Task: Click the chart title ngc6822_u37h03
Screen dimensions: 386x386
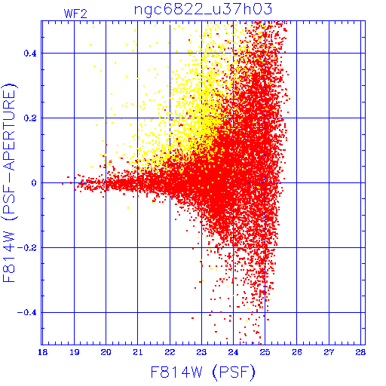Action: (203, 10)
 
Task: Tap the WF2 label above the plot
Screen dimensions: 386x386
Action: (75, 14)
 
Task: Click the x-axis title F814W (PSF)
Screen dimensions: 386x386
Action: (203, 372)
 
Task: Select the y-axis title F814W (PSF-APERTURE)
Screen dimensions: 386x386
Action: (10, 182)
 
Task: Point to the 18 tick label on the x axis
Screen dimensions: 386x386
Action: (43, 352)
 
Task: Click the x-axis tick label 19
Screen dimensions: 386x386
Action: (75, 352)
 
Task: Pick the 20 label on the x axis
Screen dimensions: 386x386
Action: (106, 352)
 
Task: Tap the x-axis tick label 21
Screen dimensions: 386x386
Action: (138, 352)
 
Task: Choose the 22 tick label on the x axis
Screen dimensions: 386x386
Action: (170, 352)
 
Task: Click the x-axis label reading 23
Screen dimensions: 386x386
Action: (201, 352)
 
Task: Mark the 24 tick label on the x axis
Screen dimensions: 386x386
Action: (233, 352)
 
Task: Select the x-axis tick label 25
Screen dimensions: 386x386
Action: (265, 352)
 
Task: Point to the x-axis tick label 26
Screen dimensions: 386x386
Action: (297, 352)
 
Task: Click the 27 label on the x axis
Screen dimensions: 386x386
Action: (329, 352)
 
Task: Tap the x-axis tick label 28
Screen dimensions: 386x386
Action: (360, 352)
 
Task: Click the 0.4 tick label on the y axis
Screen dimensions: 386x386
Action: (30, 54)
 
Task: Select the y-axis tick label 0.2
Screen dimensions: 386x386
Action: (30, 118)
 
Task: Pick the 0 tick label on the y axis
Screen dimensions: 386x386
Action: (34, 183)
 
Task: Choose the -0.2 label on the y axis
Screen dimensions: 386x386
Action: (26, 248)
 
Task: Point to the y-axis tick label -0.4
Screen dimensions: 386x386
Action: (26, 313)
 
